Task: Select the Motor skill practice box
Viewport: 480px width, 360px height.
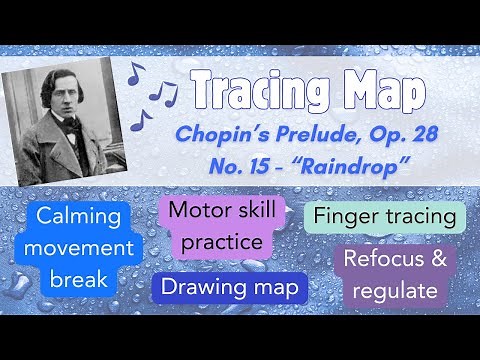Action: pos(216,226)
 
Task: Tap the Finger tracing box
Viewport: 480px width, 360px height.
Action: pos(384,215)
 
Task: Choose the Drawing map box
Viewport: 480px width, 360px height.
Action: pos(229,287)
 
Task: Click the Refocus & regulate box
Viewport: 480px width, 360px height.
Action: pos(391,275)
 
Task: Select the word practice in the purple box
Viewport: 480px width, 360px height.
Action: pos(216,241)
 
